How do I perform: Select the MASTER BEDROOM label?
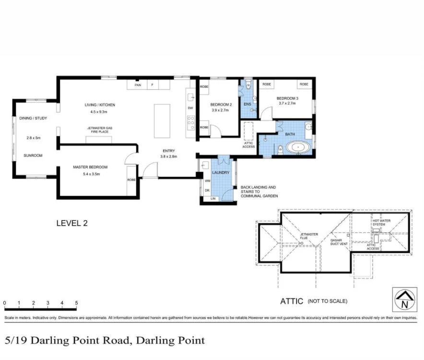(x=90, y=167)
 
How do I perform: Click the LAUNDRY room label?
(x=221, y=172)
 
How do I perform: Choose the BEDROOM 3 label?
(x=287, y=98)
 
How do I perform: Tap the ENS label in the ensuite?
(x=247, y=104)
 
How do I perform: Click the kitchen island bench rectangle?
(x=162, y=120)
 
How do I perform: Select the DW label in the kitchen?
(x=190, y=108)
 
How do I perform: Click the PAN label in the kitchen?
(x=138, y=85)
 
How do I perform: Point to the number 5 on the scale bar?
(x=76, y=303)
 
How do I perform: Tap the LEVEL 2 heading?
(x=72, y=223)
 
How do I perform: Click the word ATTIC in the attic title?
(x=292, y=301)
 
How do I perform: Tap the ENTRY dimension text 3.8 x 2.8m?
(x=168, y=156)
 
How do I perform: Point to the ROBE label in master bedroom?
(x=131, y=180)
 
